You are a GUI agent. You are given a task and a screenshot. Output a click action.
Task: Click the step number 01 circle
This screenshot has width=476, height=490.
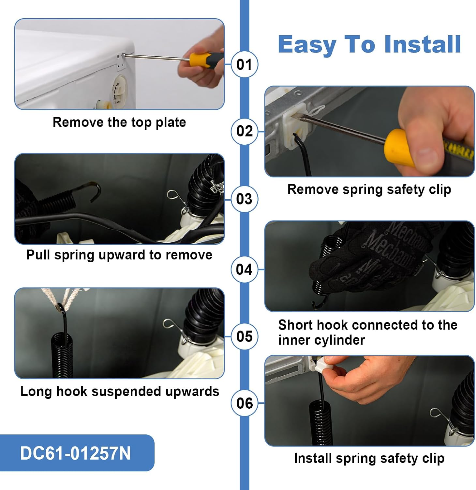click(x=245, y=64)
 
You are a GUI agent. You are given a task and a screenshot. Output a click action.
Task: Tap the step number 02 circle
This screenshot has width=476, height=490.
click(x=245, y=131)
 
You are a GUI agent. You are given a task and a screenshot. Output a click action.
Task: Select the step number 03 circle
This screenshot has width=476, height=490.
click(x=245, y=199)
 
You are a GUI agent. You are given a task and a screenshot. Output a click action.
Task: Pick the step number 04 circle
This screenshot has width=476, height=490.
click(x=245, y=269)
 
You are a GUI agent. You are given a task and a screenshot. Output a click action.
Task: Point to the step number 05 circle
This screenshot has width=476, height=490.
click(x=245, y=336)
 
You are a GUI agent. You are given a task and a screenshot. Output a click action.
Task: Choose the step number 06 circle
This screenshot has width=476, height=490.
click(x=245, y=403)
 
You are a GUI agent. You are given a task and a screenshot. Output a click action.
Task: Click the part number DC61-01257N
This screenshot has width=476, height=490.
click(x=75, y=453)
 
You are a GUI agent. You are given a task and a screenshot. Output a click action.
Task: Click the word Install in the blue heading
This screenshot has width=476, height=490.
click(x=423, y=44)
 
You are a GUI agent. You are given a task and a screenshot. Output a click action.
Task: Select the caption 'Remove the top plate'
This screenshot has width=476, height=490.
click(x=119, y=122)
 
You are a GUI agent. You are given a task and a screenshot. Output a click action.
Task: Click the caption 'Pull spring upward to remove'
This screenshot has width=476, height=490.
click(x=119, y=255)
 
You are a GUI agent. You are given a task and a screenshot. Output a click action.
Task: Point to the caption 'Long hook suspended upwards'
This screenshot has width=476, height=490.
click(x=120, y=391)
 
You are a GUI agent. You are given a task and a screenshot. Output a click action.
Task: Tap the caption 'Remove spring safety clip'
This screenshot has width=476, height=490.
click(x=369, y=189)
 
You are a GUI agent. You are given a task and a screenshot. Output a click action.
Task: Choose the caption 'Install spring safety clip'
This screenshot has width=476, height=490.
click(x=369, y=458)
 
